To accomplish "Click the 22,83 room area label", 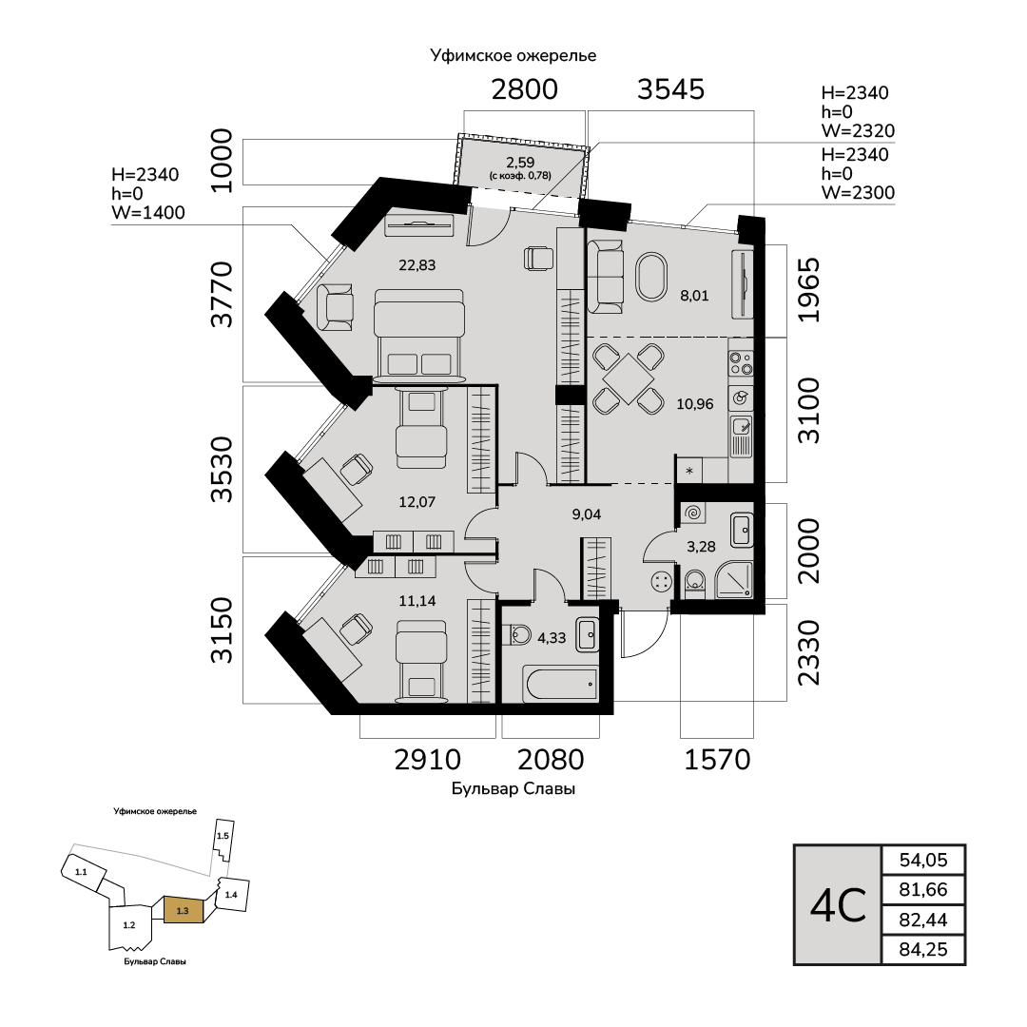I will point(417,265).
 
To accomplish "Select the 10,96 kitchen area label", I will point(694,402).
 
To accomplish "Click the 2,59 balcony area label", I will point(519,163).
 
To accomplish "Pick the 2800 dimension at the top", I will point(524,89).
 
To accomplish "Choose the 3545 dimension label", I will point(670,89).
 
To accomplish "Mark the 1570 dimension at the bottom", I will point(718,759).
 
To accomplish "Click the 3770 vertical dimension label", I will point(223,295).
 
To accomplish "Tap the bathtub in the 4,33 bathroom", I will point(561,683).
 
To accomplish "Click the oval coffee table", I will point(652,277).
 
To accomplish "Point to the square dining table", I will point(628,378).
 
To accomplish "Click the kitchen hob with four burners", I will point(740,362).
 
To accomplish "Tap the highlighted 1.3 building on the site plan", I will point(184,910).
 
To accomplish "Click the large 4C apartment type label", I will point(838,905).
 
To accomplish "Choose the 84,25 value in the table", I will point(923,950).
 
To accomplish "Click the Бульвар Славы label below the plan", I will point(513,789).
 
